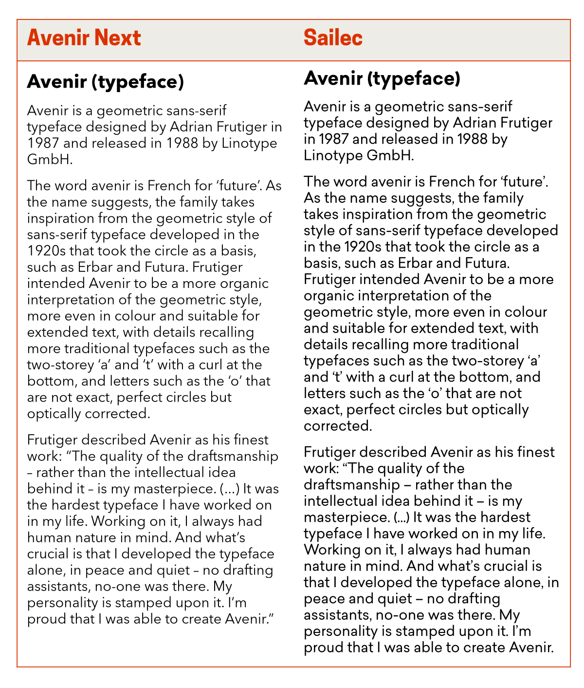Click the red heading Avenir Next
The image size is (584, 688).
pyautogui.click(x=84, y=38)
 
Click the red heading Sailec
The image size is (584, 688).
pyautogui.click(x=333, y=38)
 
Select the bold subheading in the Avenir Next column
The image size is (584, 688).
pyautogui.click(x=106, y=82)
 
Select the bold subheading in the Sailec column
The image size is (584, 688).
pyautogui.click(x=382, y=78)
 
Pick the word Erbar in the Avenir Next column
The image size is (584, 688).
pyautogui.click(x=94, y=267)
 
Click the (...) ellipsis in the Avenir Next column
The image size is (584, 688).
pyautogui.click(x=229, y=489)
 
